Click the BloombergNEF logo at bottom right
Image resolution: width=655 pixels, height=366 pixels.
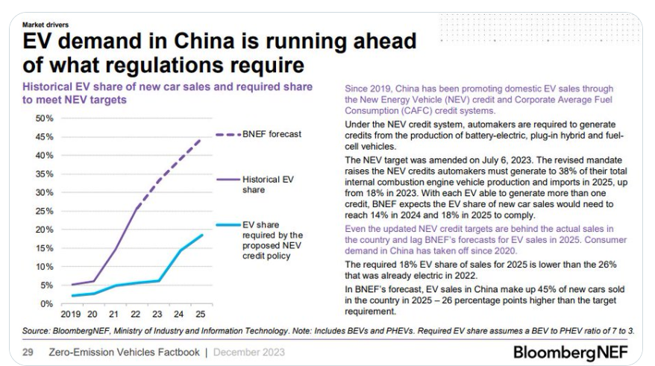(x=580, y=351)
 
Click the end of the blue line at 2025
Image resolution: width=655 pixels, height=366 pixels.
(x=201, y=236)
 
